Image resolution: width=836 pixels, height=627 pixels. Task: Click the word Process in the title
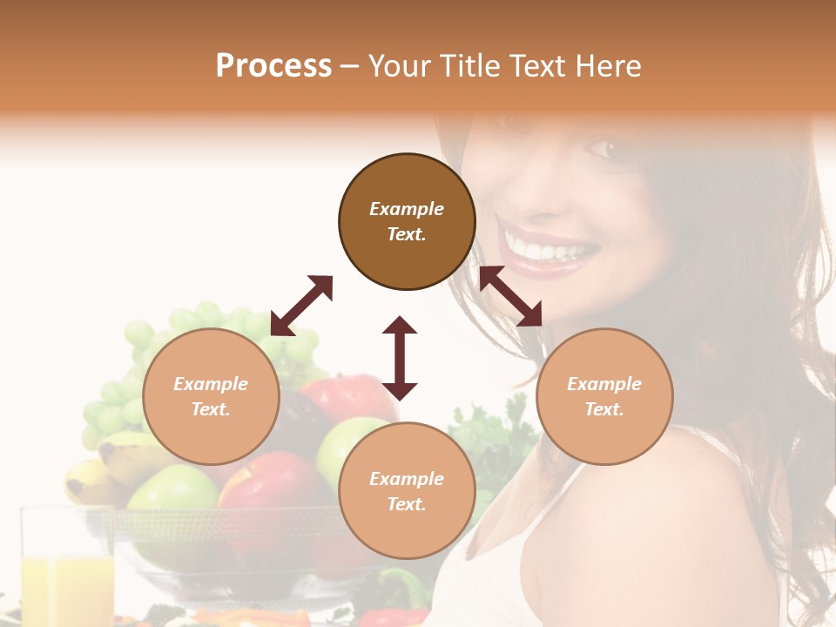coord(273,66)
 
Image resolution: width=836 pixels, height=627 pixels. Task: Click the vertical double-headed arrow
coord(400,358)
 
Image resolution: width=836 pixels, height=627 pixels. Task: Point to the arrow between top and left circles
coord(301,306)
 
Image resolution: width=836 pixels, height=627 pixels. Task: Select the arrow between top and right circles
coord(510,296)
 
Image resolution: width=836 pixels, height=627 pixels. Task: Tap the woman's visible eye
coord(602,148)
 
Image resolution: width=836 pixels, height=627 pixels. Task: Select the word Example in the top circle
coord(407,209)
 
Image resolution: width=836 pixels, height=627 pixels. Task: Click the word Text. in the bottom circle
coord(407,504)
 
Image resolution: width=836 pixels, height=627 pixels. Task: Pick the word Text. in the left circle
coord(211,409)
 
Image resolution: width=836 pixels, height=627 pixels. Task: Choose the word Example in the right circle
coord(604,384)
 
